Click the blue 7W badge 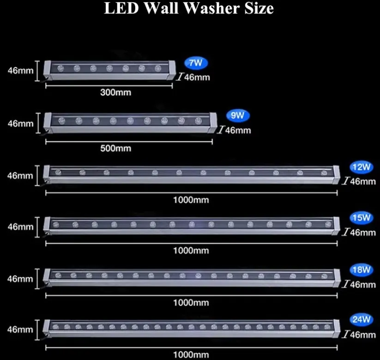(x=196, y=63)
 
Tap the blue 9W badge (x=238, y=115)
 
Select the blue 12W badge (x=362, y=167)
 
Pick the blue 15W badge (x=362, y=217)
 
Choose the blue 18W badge (x=362, y=270)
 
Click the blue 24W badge (x=362, y=319)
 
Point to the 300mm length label (x=116, y=92)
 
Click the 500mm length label (x=116, y=148)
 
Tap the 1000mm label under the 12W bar (x=191, y=200)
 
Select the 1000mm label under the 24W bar (x=191, y=355)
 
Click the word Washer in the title (x=212, y=8)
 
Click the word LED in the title (x=121, y=8)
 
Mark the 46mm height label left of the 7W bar (x=21, y=71)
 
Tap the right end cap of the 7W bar (x=171, y=70)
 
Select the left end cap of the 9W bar (x=48, y=123)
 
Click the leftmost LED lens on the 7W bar (x=60, y=68)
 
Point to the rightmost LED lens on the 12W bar (x=324, y=173)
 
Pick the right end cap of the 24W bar (x=337, y=329)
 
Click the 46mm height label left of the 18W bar (x=20, y=279)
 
